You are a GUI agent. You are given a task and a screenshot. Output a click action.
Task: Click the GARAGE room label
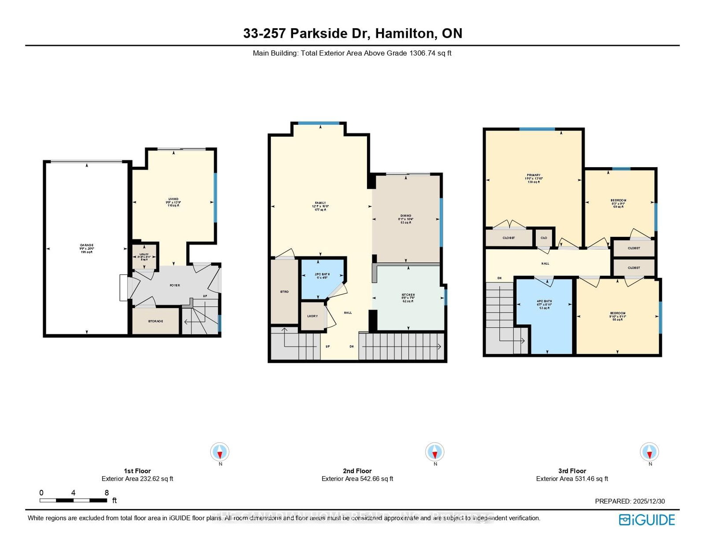(86, 245)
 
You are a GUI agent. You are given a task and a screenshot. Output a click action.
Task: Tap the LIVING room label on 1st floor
(173, 199)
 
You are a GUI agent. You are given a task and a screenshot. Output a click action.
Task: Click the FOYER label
(175, 285)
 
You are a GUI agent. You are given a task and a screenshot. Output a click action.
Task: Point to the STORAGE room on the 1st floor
(156, 321)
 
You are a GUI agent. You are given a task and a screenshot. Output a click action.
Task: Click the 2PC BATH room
(322, 276)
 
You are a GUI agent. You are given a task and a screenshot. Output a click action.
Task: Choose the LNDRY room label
(312, 316)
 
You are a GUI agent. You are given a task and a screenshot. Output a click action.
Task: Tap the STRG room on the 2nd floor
(284, 291)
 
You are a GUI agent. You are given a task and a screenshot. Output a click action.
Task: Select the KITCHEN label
(408, 295)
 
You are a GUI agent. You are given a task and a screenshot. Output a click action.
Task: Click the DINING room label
(406, 216)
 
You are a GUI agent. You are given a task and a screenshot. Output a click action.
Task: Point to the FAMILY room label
(320, 203)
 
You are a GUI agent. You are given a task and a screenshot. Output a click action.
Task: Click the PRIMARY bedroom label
(534, 175)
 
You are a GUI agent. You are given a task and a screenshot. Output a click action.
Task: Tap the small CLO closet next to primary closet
(544, 238)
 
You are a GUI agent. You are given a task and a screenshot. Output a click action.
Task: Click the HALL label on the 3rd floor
(545, 263)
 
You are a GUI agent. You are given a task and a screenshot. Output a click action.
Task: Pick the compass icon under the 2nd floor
(435, 452)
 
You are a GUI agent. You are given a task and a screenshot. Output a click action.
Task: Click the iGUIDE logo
(647, 520)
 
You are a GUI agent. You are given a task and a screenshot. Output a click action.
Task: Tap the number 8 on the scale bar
(107, 493)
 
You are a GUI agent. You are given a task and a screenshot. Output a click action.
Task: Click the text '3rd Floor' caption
(572, 471)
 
